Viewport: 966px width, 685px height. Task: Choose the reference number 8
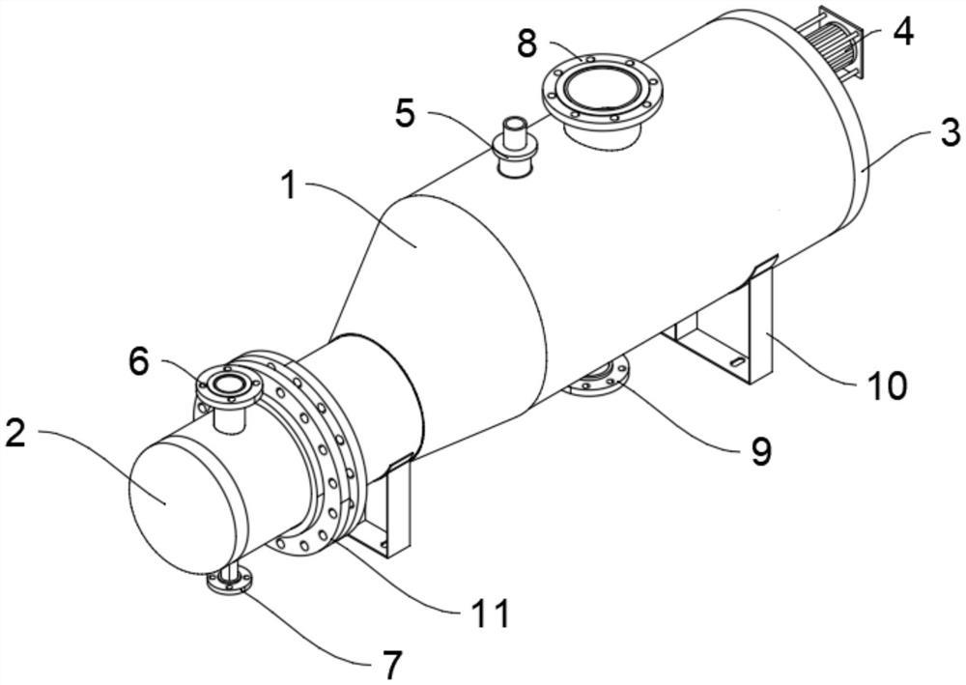click(527, 43)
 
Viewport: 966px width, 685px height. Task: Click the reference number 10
click(886, 385)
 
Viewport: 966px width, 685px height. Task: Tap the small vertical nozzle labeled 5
click(515, 148)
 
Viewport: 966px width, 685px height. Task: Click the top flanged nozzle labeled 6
click(228, 394)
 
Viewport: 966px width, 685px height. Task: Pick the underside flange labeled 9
click(596, 378)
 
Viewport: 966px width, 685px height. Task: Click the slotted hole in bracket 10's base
click(736, 361)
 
